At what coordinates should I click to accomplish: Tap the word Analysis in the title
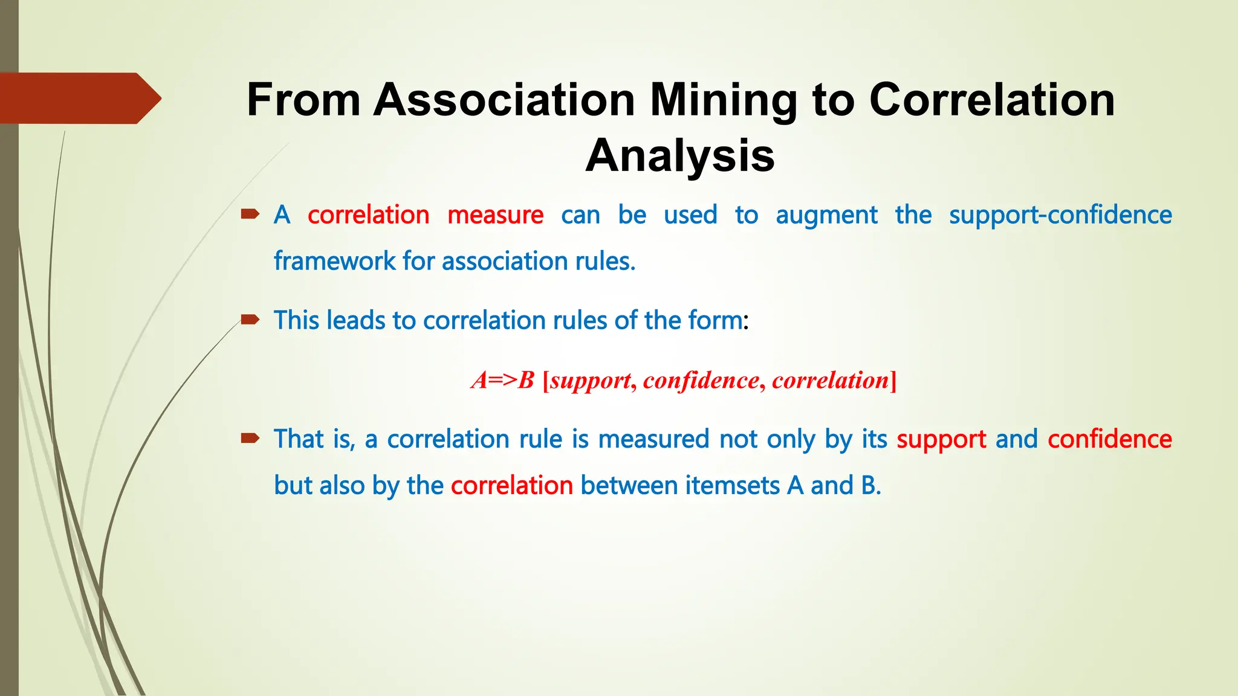[680, 156]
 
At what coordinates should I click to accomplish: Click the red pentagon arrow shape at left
[79, 98]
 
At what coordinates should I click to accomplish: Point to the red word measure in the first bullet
[495, 215]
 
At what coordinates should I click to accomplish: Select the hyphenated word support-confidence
[1060, 216]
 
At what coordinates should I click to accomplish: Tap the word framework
[334, 262]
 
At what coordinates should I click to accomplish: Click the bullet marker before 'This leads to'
[250, 319]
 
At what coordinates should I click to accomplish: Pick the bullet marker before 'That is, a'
[250, 438]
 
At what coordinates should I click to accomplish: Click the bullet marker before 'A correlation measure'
[250, 213]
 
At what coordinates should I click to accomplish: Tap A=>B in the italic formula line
[503, 381]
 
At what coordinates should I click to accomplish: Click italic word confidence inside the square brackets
[701, 381]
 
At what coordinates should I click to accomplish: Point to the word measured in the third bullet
[653, 439]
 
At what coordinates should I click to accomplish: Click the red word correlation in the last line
[511, 486]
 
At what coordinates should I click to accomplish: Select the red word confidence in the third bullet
[1109, 439]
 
